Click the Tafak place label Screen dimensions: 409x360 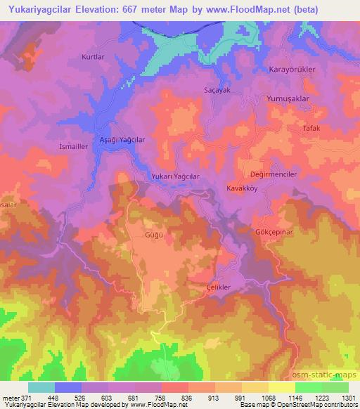coord(310,129)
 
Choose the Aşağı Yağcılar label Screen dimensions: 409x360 coord(122,140)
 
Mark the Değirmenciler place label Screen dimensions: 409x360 coord(274,174)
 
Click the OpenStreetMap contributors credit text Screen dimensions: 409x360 coord(317,405)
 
